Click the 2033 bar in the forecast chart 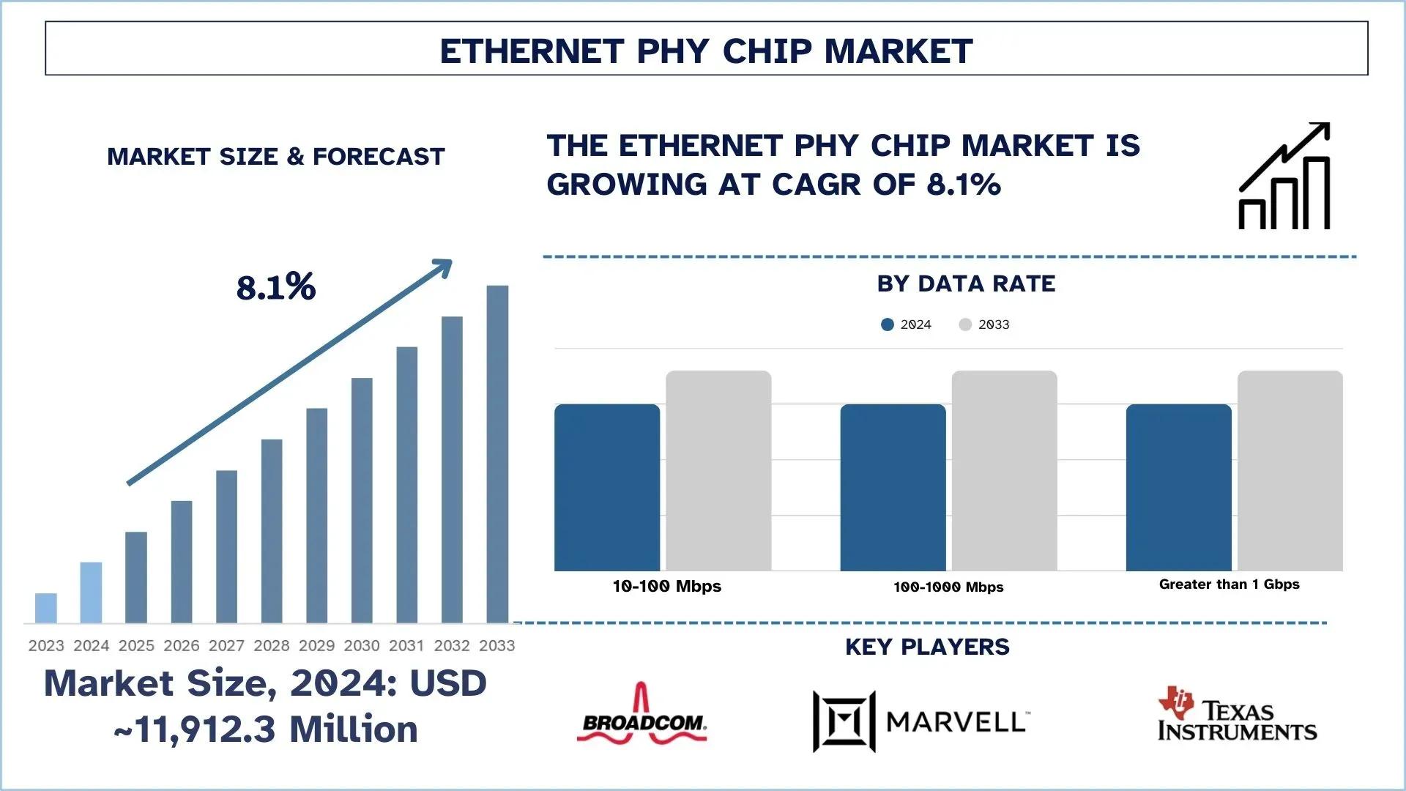pyautogui.click(x=497, y=454)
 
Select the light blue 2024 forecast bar pyautogui.click(x=91, y=593)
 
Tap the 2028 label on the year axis pyautogui.click(x=272, y=645)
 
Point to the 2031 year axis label pyautogui.click(x=406, y=645)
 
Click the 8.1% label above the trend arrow pyautogui.click(x=276, y=286)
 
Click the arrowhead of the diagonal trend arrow pyautogui.click(x=443, y=267)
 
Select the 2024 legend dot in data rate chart pyautogui.click(x=888, y=324)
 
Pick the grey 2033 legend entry pyautogui.click(x=984, y=324)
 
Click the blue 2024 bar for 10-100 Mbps pyautogui.click(x=607, y=487)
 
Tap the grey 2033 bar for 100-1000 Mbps pyautogui.click(x=1004, y=470)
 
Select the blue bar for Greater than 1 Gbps pyautogui.click(x=1178, y=487)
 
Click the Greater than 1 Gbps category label pyautogui.click(x=1229, y=584)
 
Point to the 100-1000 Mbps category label pyautogui.click(x=948, y=587)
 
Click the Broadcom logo pyautogui.click(x=642, y=716)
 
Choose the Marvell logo pyautogui.click(x=920, y=721)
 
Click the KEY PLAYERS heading pyautogui.click(x=927, y=647)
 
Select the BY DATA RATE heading pyautogui.click(x=966, y=283)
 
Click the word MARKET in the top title pyautogui.click(x=899, y=51)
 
